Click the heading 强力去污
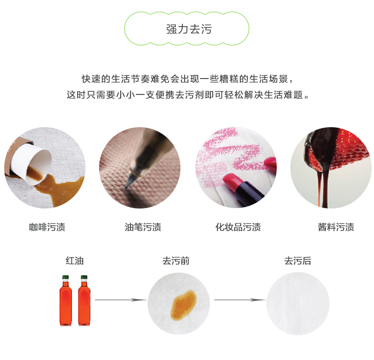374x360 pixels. [x=189, y=29]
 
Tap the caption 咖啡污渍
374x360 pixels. [x=47, y=228]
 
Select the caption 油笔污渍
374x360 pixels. [x=143, y=228]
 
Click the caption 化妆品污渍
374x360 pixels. [x=238, y=228]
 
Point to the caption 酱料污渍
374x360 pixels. [x=336, y=228]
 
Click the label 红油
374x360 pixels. [x=74, y=261]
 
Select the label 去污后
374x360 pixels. [x=297, y=261]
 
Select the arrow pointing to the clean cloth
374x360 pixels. [x=237, y=300]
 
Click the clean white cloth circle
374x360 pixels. [x=298, y=303]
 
